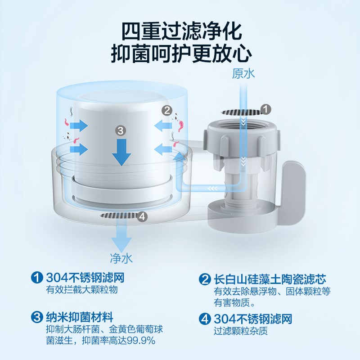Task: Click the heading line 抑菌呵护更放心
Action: click(x=180, y=54)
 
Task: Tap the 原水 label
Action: click(x=244, y=74)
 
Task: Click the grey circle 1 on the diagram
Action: click(x=266, y=109)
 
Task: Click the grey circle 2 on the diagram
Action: click(x=167, y=109)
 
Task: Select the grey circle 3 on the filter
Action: click(x=120, y=130)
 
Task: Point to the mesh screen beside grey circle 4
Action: click(x=118, y=216)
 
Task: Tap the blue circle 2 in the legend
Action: click(x=206, y=279)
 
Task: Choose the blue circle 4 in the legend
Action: click(x=206, y=319)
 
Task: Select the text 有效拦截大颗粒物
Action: click(x=82, y=289)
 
